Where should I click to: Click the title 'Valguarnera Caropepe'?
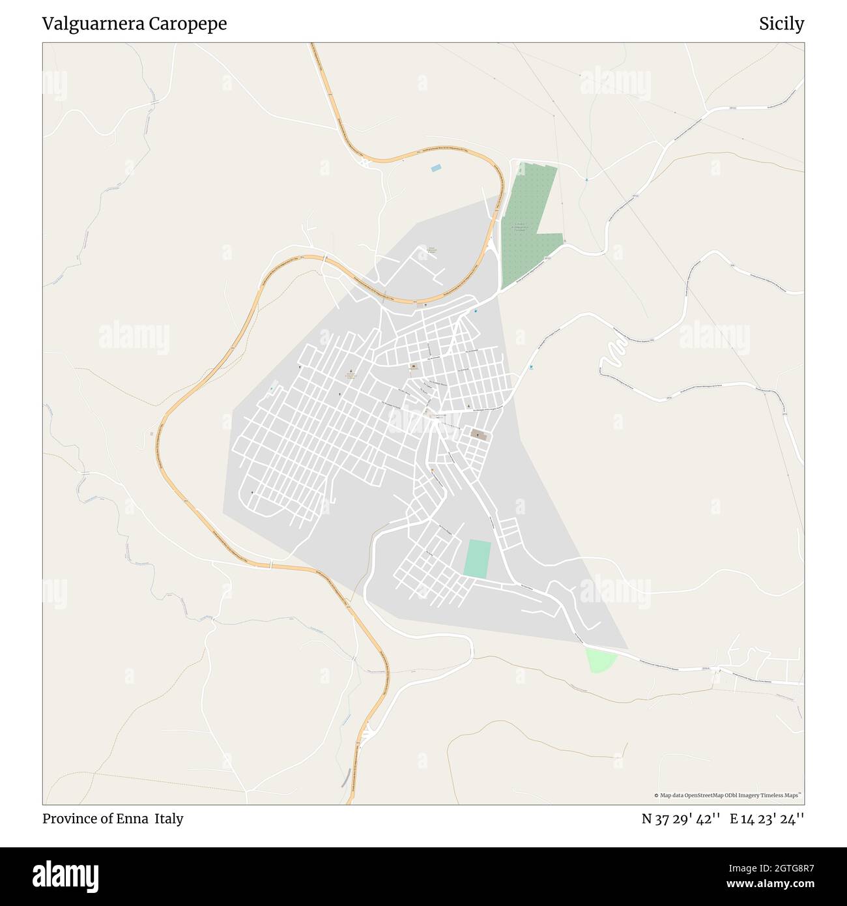pyautogui.click(x=134, y=24)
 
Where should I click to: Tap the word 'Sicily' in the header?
pyautogui.click(x=781, y=24)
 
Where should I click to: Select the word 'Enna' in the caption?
pyautogui.click(x=132, y=819)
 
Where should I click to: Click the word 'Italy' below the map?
pyautogui.click(x=169, y=819)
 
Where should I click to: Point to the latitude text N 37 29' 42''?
pyautogui.click(x=680, y=819)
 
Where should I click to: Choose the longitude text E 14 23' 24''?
pyautogui.click(x=767, y=819)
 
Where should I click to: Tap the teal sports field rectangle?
pyautogui.click(x=478, y=559)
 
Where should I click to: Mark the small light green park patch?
pyautogui.click(x=600, y=660)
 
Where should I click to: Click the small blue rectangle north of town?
pyautogui.click(x=436, y=168)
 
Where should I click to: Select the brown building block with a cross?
pyautogui.click(x=479, y=434)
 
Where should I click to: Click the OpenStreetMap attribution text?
pyautogui.click(x=727, y=795)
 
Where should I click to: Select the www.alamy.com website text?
pyautogui.click(x=771, y=884)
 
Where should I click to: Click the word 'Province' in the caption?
pyautogui.click(x=68, y=819)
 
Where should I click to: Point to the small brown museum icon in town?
pyautogui.click(x=413, y=367)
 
